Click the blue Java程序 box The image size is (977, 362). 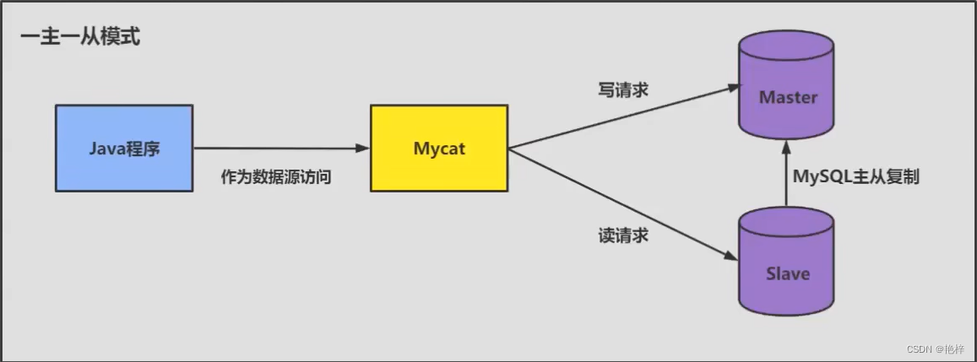pyautogui.click(x=125, y=148)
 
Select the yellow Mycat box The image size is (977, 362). pyautogui.click(x=439, y=148)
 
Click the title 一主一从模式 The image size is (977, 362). pyautogui.click(x=80, y=37)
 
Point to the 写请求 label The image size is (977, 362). pyautogui.click(x=621, y=89)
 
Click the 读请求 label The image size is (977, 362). pyautogui.click(x=621, y=235)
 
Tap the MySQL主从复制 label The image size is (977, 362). pyautogui.click(x=855, y=177)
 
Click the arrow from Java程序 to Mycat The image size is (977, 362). pyautogui.click(x=279, y=149)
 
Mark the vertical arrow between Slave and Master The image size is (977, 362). pyautogui.click(x=787, y=177)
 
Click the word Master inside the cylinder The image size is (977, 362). pyautogui.click(x=788, y=97)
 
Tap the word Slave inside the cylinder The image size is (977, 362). pyautogui.click(x=788, y=273)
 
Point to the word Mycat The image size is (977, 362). pyautogui.click(x=439, y=149)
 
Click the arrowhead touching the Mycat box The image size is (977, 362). pyautogui.click(x=363, y=149)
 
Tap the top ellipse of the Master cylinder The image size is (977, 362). pyautogui.click(x=787, y=43)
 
